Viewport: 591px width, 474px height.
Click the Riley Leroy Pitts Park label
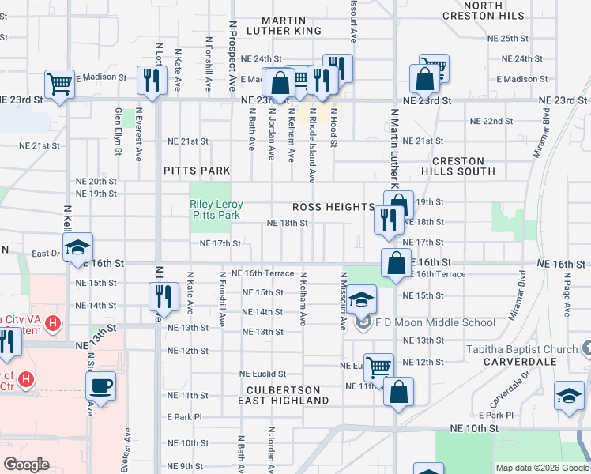pos(216,209)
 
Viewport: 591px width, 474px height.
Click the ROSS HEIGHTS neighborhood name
pos(333,207)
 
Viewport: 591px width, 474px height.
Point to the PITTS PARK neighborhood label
pos(197,171)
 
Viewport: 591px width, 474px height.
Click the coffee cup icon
pos(100,386)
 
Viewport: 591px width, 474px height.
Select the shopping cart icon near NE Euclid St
pos(379,366)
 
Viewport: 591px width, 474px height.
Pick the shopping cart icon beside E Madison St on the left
pos(60,83)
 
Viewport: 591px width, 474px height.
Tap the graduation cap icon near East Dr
pos(78,248)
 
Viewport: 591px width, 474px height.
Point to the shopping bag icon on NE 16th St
pos(396,262)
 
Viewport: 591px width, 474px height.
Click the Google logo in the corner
pos(26,465)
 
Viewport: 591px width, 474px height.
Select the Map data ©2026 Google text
pos(541,468)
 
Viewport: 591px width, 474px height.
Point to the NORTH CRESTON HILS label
pos(494,10)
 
